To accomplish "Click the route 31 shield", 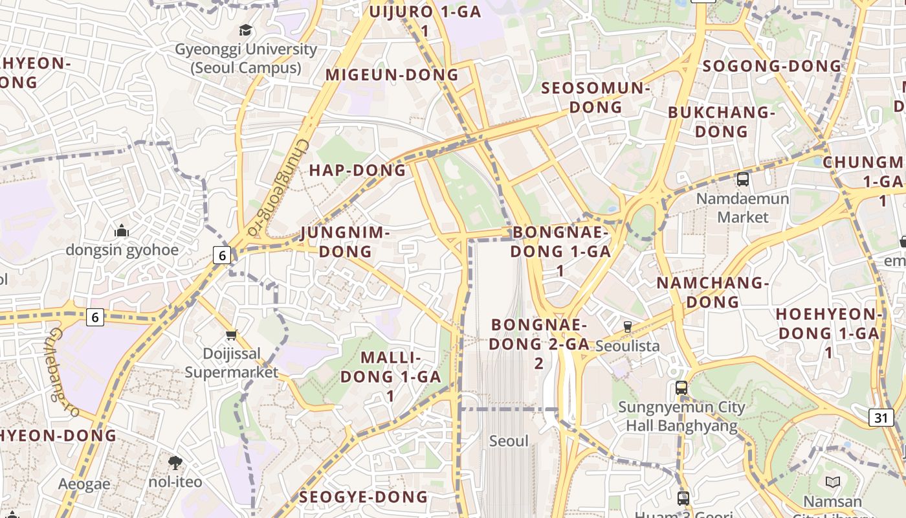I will (x=881, y=418).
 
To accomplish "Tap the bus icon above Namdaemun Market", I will (x=743, y=179).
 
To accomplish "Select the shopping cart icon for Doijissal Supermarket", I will (x=232, y=335).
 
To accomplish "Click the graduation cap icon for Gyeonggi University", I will (x=245, y=30).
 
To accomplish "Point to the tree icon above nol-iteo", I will (x=175, y=462).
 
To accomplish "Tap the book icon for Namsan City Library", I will (x=832, y=482).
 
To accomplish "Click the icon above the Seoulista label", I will (x=627, y=327).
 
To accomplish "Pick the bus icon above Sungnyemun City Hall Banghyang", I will (x=681, y=388).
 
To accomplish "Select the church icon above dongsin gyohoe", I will (x=122, y=231).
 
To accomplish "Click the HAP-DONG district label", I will (x=357, y=170).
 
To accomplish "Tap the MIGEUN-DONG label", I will (x=392, y=75).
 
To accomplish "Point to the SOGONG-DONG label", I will (x=771, y=66).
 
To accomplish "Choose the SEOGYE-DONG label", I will (x=363, y=497).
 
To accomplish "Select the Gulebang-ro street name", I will (x=63, y=372).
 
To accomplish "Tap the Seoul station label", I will (x=509, y=441).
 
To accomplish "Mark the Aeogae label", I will (x=84, y=484).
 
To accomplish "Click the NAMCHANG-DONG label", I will (x=713, y=292).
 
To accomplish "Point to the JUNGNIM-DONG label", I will (x=346, y=242).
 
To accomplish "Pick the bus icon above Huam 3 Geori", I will (x=683, y=499).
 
